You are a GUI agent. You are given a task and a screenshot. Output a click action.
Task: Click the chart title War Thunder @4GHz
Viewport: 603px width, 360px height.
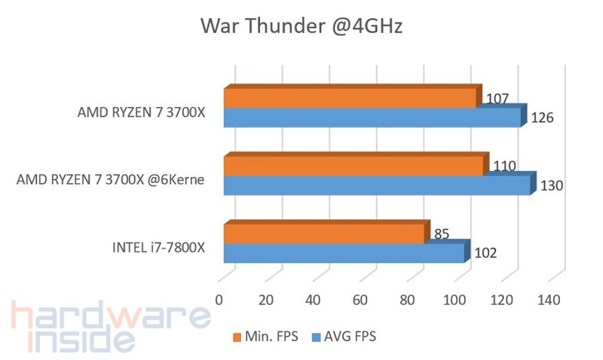[301, 27]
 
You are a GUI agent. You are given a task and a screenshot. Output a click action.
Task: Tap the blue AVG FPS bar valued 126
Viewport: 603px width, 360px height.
[372, 118]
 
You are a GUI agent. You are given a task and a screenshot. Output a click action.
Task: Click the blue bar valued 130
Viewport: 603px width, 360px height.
[377, 185]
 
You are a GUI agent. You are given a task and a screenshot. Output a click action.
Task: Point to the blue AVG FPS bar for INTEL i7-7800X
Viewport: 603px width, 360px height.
[344, 253]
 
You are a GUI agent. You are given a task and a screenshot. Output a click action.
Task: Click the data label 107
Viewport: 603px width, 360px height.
[498, 99]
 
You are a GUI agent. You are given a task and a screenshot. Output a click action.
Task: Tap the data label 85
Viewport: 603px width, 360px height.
[442, 234]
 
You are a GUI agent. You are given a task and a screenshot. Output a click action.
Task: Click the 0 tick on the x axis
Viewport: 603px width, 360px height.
[219, 300]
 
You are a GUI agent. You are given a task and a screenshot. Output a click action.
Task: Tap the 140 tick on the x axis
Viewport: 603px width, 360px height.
[549, 300]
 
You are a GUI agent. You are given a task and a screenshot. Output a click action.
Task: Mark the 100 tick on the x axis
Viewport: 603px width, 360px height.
[455, 300]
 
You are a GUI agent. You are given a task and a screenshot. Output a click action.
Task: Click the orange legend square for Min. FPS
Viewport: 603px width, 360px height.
[237, 337]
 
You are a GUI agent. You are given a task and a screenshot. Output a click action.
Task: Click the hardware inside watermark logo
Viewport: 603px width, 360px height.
[109, 328]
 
